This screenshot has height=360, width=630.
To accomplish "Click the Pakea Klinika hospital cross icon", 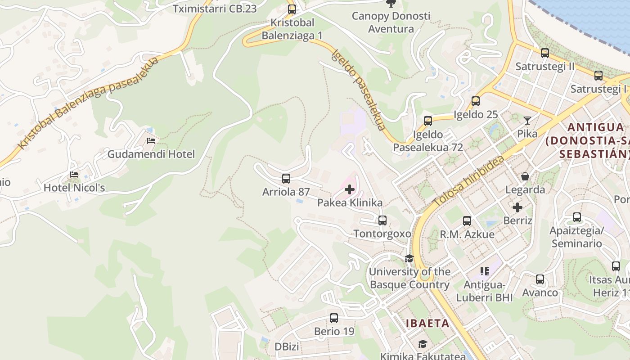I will click(349, 189).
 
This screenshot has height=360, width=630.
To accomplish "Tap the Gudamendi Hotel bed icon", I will click(151, 141).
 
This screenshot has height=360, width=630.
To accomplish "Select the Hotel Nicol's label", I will click(74, 188).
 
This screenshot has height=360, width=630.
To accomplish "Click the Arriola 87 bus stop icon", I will click(286, 179).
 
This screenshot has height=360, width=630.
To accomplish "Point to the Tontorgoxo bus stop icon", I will click(382, 220).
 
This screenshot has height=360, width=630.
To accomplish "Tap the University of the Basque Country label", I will click(409, 278).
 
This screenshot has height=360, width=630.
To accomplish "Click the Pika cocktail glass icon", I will click(527, 121).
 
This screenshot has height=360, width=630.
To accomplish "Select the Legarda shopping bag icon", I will click(525, 176).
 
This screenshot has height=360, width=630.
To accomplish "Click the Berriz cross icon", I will click(517, 207).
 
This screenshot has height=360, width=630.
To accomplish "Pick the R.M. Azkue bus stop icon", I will click(467, 221).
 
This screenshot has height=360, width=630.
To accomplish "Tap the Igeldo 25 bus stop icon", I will click(476, 101).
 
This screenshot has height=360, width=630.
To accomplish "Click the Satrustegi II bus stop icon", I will click(545, 53).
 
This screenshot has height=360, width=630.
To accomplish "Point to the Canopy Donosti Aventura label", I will click(391, 22).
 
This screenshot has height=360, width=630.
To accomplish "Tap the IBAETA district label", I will click(427, 323).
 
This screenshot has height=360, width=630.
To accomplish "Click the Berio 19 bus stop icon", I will click(334, 318).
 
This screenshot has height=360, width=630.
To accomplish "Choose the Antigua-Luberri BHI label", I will click(485, 291).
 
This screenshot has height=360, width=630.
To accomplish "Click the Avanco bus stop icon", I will click(540, 279).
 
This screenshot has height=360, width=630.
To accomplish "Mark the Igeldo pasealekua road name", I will click(359, 90).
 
